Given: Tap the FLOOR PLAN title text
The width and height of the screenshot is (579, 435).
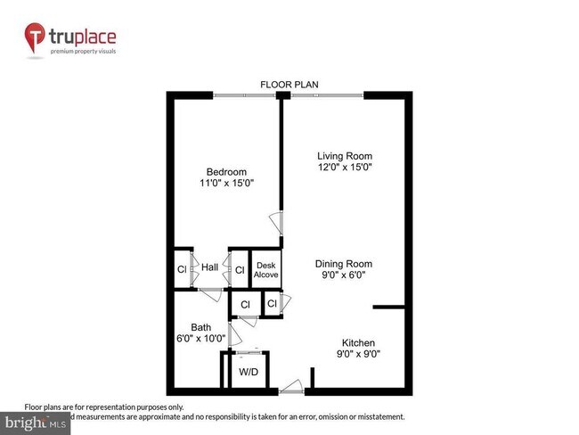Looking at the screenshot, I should click(289, 85).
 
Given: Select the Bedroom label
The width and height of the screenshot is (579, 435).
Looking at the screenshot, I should click(226, 172).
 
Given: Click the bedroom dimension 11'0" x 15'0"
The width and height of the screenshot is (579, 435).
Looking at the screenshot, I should click(226, 183).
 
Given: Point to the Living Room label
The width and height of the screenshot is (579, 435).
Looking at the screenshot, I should click(345, 156).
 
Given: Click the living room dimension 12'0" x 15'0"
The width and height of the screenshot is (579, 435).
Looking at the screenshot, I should click(345, 167).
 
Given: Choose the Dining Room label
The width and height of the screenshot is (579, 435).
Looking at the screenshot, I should click(343, 264).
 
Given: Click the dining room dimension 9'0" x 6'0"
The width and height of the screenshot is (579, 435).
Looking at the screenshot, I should click(343, 275).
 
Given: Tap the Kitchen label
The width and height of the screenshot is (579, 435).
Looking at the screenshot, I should click(359, 343).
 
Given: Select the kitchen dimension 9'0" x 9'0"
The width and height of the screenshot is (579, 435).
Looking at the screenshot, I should click(359, 354).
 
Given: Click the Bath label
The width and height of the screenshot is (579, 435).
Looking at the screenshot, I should click(201, 327).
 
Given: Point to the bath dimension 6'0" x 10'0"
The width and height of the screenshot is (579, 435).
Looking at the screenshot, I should click(201, 338).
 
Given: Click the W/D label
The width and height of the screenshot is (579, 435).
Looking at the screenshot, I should click(249, 371).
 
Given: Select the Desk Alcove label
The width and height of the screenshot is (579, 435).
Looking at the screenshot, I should click(266, 270).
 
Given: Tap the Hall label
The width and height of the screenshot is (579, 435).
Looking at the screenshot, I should click(210, 267).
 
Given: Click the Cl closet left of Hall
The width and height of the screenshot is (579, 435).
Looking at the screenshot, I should click(181, 268).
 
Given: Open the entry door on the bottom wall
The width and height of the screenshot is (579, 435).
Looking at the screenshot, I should click(290, 390).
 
